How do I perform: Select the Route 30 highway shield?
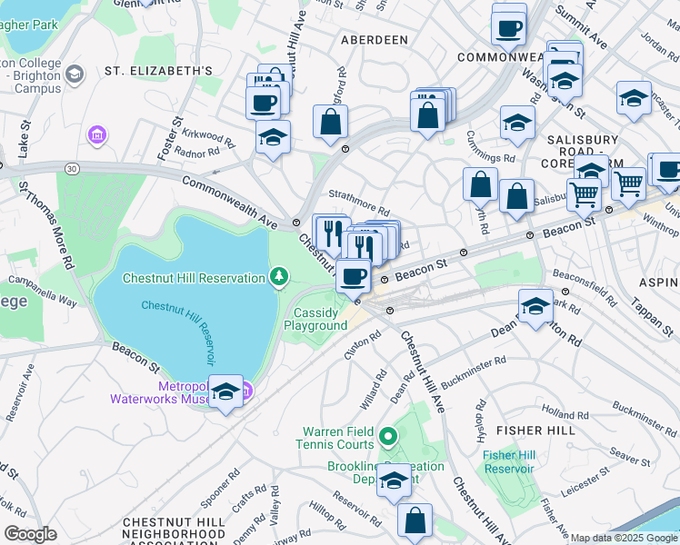coord(71,167)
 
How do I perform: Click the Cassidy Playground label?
coord(319,319)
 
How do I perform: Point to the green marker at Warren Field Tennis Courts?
coord(387,439)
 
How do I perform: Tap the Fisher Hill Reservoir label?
coord(508,461)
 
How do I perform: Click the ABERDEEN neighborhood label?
coord(374,40)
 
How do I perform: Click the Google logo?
coord(30,533)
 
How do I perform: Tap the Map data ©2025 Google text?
coord(623,538)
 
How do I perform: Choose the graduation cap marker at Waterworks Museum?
coord(225,392)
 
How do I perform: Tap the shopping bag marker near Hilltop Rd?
coord(415,521)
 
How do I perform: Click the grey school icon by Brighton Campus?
coord(74,73)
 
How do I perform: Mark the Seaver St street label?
coord(627,453)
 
